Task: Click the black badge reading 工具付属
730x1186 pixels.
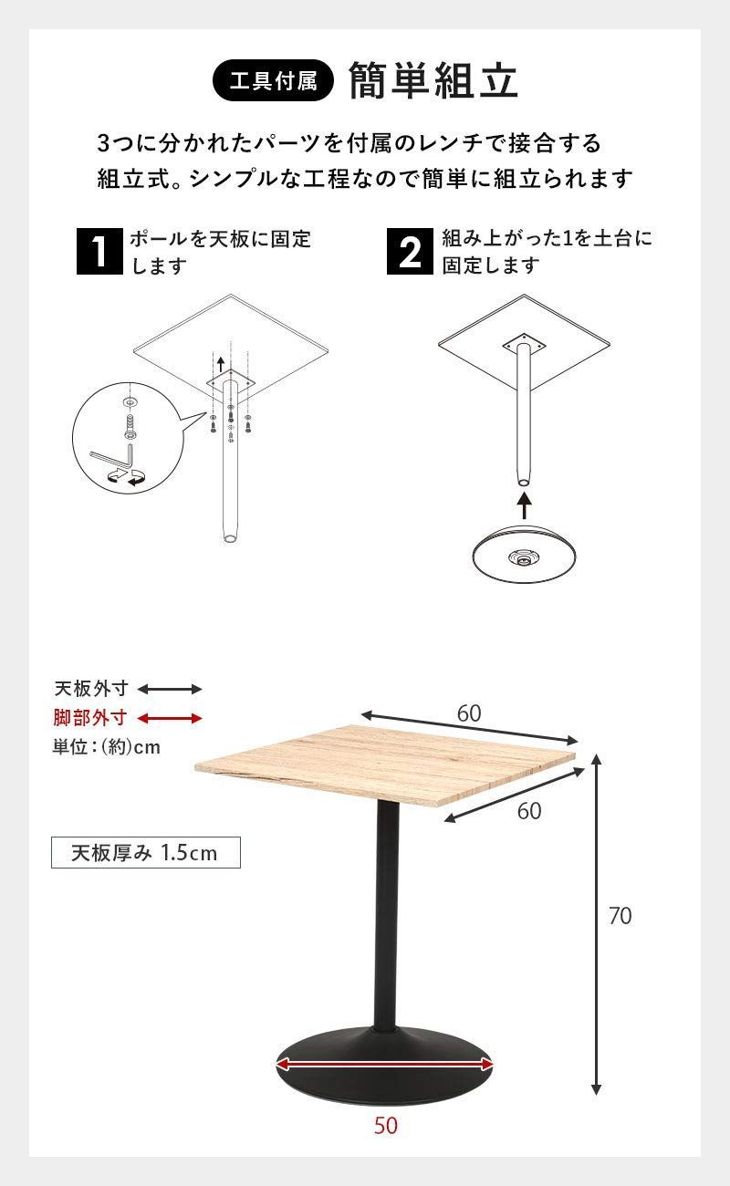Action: click(273, 81)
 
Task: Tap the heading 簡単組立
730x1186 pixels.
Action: click(433, 81)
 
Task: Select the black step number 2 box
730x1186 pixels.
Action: click(411, 253)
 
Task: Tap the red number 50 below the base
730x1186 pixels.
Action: click(385, 1126)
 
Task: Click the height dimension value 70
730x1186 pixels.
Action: click(620, 915)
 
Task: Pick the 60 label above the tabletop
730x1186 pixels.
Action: click(469, 713)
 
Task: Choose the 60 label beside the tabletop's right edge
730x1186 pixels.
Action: click(529, 810)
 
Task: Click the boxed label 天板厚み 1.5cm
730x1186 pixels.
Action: click(145, 853)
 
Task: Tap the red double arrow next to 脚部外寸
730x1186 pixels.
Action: click(170, 718)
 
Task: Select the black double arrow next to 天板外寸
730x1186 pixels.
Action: click(170, 689)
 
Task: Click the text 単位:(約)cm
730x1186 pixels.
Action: click(107, 747)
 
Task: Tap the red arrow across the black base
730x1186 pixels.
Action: click(385, 1065)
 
